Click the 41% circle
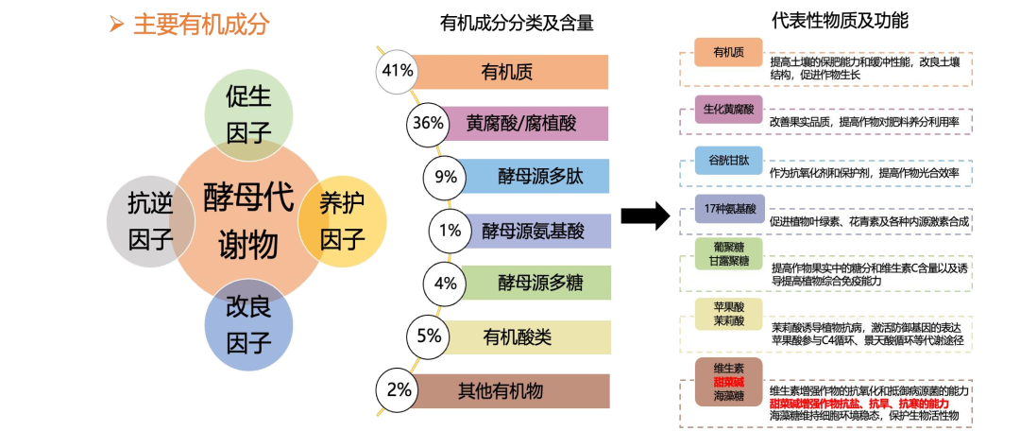(395, 71)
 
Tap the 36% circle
(427, 123)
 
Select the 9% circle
(445, 176)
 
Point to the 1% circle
(450, 229)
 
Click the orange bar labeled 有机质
(510, 72)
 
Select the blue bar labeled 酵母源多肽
(538, 176)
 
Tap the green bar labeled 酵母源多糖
(538, 282)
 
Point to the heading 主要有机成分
(200, 24)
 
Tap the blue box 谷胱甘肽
(728, 160)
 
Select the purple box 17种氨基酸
(728, 208)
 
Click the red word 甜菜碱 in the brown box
(728, 382)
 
